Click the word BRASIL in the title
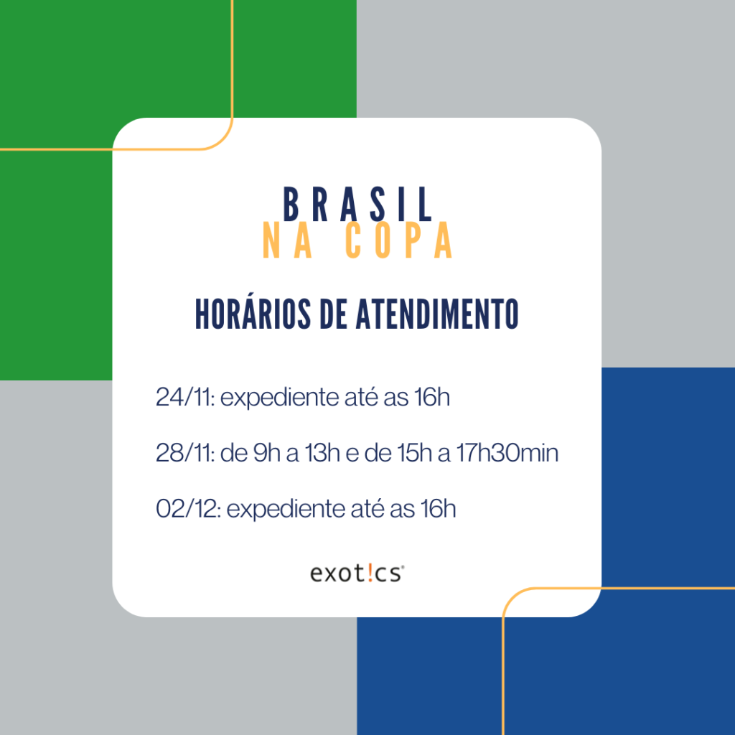pos(357,205)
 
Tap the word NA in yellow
pos(287,240)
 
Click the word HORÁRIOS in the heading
pos(253,313)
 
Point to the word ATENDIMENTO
pos(437,314)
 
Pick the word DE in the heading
pos(333,314)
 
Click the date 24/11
pos(185,397)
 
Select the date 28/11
pos(185,453)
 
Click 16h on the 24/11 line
pos(432,397)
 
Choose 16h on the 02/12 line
pos(439,509)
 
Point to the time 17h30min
pos(507,453)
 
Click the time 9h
pos(267,453)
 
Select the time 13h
pos(322,453)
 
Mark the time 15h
pos(414,453)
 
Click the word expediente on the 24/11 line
pos(280,398)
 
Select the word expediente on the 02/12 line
pos(286,510)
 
